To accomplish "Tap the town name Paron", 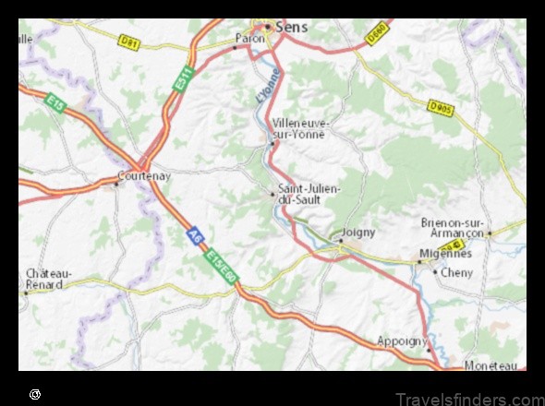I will click(249, 39).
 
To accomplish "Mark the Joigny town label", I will click(358, 233).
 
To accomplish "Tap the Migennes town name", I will click(446, 254).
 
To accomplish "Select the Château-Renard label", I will click(49, 279).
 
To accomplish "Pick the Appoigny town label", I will click(399, 341).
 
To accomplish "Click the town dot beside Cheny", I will click(436, 272).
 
